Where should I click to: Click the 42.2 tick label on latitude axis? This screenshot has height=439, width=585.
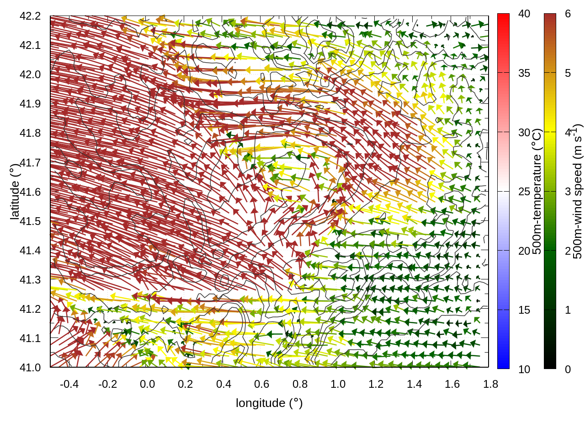[30, 16]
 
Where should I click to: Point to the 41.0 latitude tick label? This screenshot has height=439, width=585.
[30, 368]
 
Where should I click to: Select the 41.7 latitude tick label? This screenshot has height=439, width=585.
[30, 163]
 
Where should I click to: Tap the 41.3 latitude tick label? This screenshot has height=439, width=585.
[30, 280]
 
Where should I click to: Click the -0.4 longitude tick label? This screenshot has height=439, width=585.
[69, 384]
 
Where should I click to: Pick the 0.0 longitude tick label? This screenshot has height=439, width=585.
[147, 384]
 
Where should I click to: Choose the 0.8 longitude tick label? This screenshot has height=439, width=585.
[300, 384]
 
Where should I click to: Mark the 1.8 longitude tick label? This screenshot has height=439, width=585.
[490, 384]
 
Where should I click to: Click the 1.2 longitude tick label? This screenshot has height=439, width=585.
[376, 384]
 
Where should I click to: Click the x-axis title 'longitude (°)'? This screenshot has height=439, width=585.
[269, 403]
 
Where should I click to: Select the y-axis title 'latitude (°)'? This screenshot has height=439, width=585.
[15, 192]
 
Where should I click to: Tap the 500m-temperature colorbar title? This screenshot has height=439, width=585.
[537, 192]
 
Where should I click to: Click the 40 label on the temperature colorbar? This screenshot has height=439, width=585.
[524, 14]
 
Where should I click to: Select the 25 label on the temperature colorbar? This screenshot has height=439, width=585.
[524, 192]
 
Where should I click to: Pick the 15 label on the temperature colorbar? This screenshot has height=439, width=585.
[524, 310]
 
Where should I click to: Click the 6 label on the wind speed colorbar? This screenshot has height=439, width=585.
[568, 14]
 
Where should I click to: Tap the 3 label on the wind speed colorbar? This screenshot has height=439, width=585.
[568, 192]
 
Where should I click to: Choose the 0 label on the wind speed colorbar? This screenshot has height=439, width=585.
[568, 369]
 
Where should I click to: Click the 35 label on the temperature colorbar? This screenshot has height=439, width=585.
[524, 73]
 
